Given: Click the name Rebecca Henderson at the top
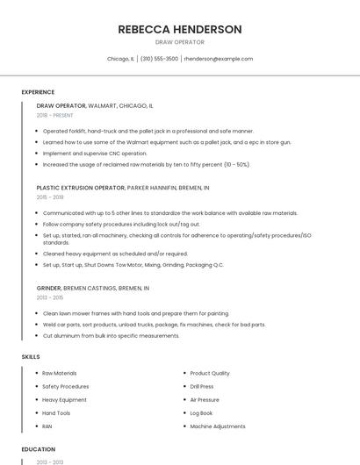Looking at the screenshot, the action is [179, 29].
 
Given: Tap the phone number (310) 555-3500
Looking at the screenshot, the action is [159, 59].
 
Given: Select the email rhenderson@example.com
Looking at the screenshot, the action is [219, 59].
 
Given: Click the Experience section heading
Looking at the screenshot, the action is [38, 92].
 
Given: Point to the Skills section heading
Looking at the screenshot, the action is [31, 357].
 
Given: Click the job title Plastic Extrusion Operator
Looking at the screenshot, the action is [81, 188].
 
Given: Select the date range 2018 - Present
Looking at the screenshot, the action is [55, 115].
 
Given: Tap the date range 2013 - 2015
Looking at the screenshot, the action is [51, 297].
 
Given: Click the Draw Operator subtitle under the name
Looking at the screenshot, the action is [179, 42].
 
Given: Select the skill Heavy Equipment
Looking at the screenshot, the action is [64, 399].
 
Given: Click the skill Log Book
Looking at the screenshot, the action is [202, 412].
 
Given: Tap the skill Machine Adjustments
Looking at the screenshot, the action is [218, 426].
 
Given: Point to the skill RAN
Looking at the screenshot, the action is [48, 426].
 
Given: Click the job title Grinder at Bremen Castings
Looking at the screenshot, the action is [49, 288].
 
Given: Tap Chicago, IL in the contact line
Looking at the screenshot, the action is [120, 59].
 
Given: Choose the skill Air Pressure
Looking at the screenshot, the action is [205, 399].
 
